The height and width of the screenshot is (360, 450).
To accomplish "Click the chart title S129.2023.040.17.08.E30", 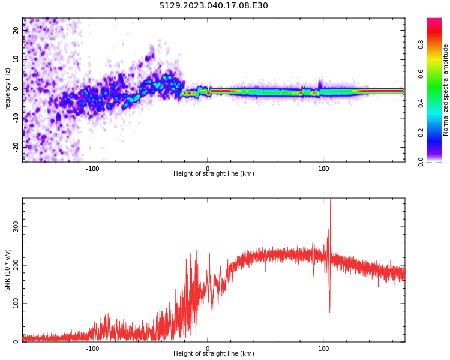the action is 213,5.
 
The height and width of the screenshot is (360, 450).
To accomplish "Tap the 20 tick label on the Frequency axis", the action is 16,30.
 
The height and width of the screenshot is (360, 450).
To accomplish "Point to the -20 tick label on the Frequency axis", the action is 16,147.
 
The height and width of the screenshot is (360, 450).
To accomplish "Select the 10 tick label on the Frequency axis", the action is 16,59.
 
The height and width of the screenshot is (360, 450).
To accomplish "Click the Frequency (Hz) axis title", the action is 7,90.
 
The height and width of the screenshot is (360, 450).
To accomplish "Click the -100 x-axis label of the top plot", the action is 92,169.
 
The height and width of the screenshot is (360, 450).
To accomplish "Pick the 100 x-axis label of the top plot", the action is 323,169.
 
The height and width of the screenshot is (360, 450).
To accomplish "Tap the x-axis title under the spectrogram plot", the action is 214,173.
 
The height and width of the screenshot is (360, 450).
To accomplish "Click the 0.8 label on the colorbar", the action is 421,44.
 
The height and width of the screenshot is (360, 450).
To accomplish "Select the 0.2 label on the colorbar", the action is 421,133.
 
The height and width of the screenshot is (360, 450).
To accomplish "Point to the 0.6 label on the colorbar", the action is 421,74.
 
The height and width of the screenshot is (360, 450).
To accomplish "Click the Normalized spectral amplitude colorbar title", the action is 445,90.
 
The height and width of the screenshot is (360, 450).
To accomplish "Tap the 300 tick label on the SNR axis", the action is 16,227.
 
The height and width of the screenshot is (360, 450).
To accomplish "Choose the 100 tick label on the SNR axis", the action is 16,304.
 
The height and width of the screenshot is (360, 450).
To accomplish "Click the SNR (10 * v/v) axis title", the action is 7,270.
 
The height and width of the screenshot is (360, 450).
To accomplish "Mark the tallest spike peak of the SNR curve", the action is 331,199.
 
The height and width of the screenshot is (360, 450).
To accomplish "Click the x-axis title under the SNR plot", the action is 214,353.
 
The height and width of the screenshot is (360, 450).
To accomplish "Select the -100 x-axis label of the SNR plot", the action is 92,349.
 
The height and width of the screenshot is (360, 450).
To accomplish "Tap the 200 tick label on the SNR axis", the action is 16,265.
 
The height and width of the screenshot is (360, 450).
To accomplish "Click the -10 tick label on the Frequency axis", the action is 16,118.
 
